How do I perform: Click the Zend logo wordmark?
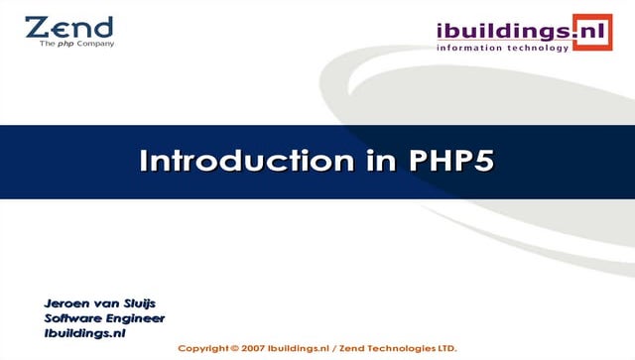(68, 27)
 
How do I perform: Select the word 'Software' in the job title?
(74, 318)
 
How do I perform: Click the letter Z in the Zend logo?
(38, 27)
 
